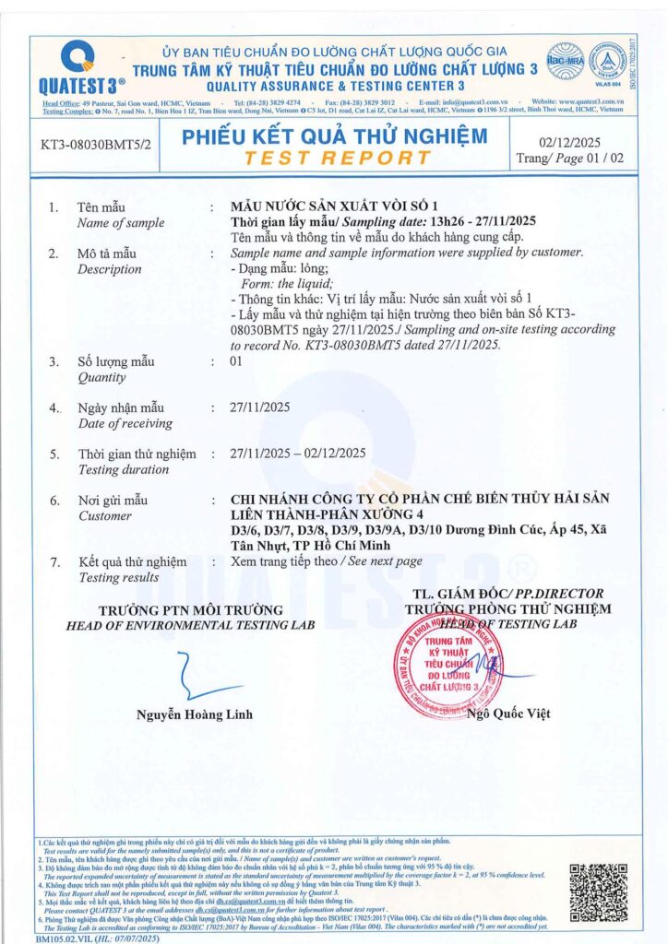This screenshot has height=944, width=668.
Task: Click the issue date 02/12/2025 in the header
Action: point(574,141)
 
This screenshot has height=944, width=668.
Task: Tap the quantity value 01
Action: point(235,361)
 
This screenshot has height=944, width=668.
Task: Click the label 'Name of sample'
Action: point(121,222)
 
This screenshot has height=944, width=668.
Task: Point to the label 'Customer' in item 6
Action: point(104,516)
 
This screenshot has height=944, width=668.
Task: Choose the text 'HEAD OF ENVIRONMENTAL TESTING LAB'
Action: point(190,625)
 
